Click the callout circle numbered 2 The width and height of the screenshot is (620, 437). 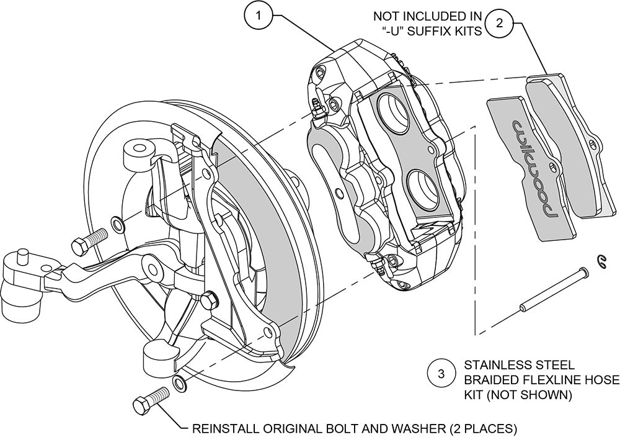click(x=502, y=23)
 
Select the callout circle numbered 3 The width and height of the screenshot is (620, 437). click(x=441, y=374)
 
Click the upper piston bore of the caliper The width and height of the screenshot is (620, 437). click(x=397, y=108)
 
